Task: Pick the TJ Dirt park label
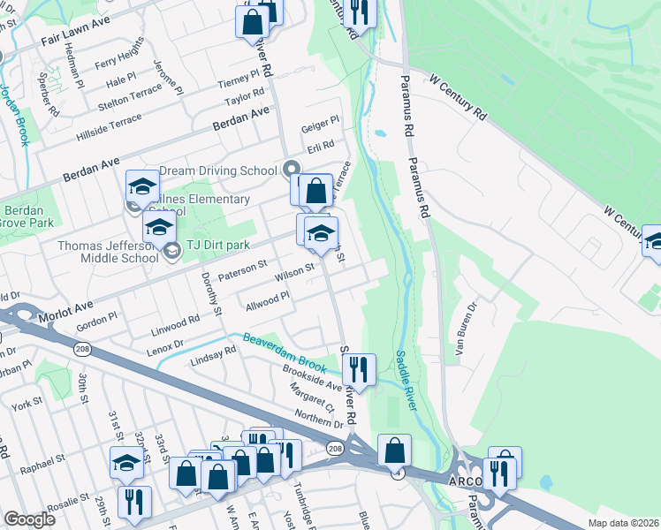[217, 245]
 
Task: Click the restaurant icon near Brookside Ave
[359, 367]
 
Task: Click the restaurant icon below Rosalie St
[134, 501]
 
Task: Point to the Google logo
[29, 519]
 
